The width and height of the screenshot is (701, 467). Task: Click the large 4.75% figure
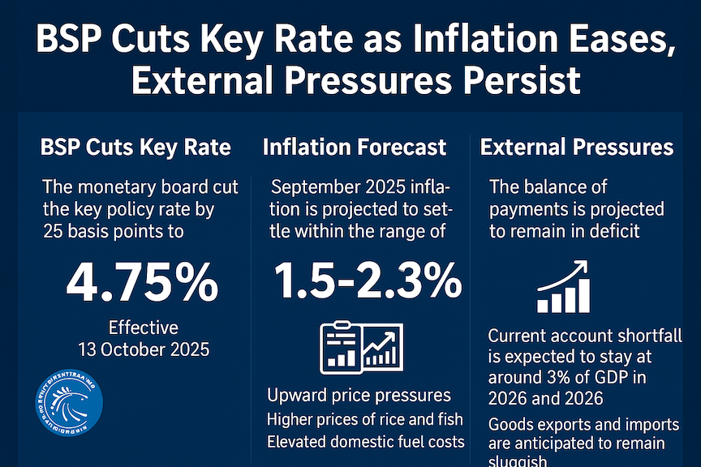[x=142, y=283]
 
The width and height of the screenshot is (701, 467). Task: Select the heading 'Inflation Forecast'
[x=355, y=147]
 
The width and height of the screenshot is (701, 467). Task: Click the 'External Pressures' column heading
[x=577, y=147]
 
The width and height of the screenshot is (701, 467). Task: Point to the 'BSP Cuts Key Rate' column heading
[x=135, y=147]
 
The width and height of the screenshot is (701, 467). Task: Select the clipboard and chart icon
[x=361, y=349]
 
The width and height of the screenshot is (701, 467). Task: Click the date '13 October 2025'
[x=144, y=350]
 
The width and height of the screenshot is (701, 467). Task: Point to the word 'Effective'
[x=144, y=328]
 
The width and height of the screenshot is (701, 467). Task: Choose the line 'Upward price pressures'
[x=359, y=396]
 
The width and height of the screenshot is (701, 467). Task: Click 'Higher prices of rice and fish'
[x=365, y=419]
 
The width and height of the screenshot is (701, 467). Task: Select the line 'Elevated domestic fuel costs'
[x=365, y=442]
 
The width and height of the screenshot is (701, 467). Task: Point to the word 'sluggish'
[x=524, y=462]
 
